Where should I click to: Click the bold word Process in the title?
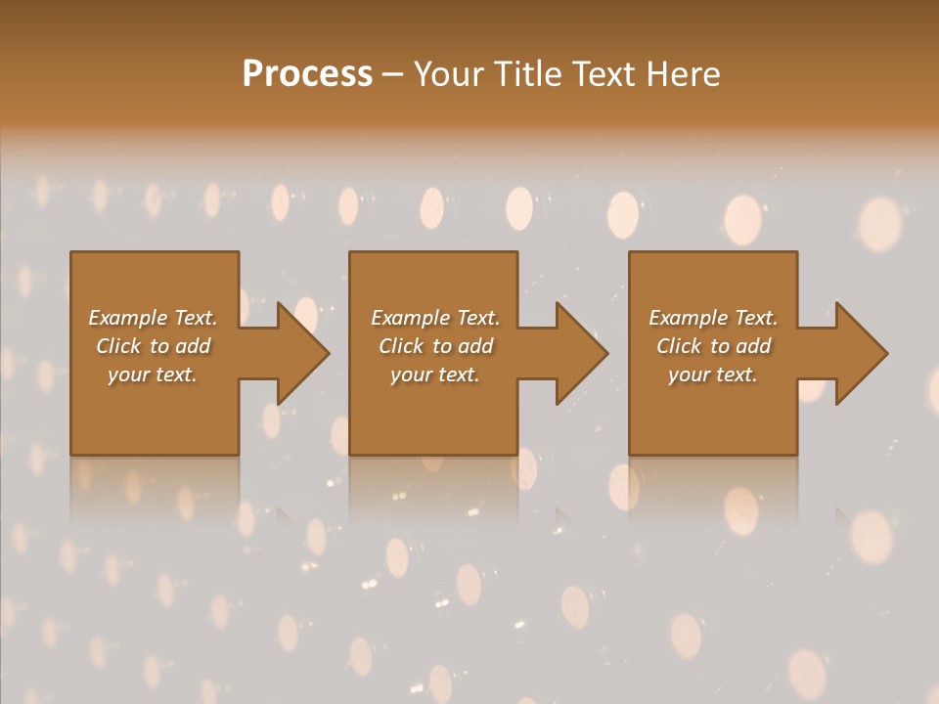[307, 73]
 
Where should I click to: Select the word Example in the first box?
[127, 318]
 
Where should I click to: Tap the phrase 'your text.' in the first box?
[154, 374]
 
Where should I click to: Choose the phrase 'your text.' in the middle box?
[435, 374]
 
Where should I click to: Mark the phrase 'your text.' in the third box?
[713, 374]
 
